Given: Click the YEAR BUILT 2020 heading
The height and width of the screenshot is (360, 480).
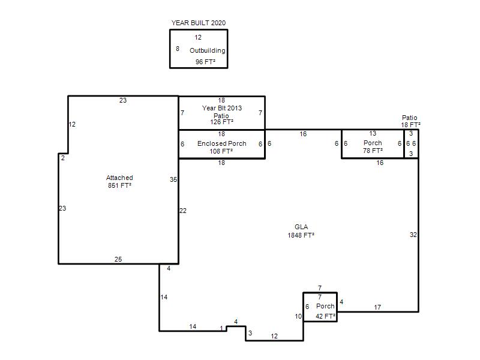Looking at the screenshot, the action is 199,23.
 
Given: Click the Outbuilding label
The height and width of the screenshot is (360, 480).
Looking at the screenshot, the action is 207,51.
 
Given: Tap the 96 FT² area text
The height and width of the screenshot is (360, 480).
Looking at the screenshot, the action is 205,62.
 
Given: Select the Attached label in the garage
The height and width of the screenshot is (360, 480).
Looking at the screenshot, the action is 119,178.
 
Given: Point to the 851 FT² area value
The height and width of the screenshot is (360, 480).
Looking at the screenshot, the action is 119,185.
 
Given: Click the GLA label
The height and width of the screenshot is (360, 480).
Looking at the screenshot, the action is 301,227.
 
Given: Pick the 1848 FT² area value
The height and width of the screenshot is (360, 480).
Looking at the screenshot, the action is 301,235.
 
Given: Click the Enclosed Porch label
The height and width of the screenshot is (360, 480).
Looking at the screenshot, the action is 221,143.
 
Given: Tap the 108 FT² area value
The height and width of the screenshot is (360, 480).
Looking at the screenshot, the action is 221,151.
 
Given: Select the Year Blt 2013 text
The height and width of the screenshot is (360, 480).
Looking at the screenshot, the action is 221,108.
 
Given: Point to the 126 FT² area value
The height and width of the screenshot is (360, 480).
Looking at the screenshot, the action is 221,122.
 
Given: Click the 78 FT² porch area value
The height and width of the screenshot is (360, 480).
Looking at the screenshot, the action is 373,151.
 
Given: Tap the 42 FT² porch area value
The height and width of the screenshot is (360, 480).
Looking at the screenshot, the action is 325,316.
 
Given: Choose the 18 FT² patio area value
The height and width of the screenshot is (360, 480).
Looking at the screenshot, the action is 410,125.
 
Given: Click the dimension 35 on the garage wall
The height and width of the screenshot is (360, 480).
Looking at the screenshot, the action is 173,179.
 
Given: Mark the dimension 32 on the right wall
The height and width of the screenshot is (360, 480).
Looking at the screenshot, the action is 413,235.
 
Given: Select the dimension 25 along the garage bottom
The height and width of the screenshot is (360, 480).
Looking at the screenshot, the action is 118,259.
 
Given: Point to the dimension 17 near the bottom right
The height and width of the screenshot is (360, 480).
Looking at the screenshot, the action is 377,307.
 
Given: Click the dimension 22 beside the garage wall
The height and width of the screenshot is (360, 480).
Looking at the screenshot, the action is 183,211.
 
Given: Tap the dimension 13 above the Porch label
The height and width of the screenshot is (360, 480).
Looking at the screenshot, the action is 373,133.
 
